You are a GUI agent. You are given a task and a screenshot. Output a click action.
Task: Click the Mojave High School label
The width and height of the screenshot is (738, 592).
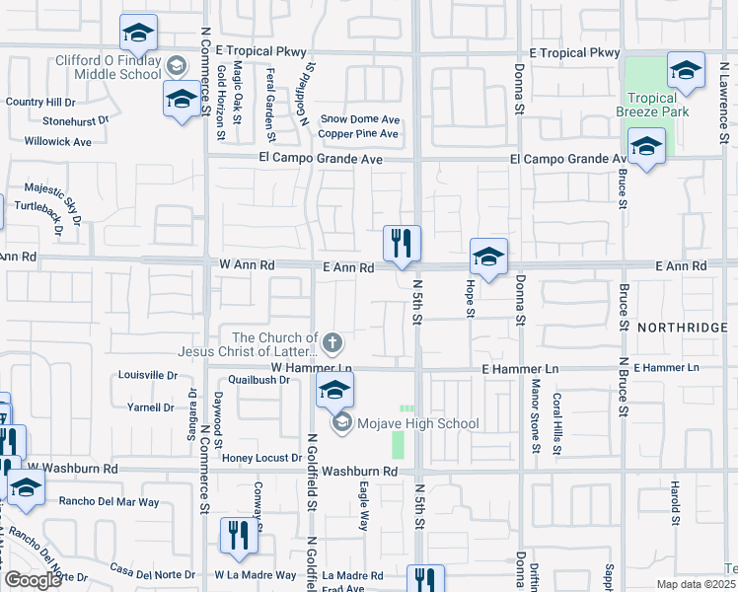tap(418, 424)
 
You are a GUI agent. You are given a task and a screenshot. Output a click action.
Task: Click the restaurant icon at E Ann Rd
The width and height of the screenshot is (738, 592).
tap(402, 244)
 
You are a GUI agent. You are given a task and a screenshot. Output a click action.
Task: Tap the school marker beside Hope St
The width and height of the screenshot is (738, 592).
tap(488, 259)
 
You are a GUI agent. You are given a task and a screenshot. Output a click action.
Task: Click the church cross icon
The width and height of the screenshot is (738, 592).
tap(333, 343)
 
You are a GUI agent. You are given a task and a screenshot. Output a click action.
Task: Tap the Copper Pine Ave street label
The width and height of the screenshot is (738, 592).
tap(358, 134)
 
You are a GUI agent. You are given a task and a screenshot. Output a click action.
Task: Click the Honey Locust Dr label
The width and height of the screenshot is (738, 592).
tap(261, 458)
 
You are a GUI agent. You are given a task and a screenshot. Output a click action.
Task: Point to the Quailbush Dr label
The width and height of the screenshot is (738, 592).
tap(257, 379)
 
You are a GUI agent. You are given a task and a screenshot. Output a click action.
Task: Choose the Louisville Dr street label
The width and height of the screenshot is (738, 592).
tap(147, 376)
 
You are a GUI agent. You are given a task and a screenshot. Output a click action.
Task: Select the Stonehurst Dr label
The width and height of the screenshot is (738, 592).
tap(75, 121)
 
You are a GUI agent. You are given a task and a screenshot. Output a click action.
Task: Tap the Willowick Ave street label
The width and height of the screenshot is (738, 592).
tap(58, 142)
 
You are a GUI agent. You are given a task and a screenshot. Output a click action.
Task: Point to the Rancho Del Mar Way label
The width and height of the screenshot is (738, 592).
tap(109, 502)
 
